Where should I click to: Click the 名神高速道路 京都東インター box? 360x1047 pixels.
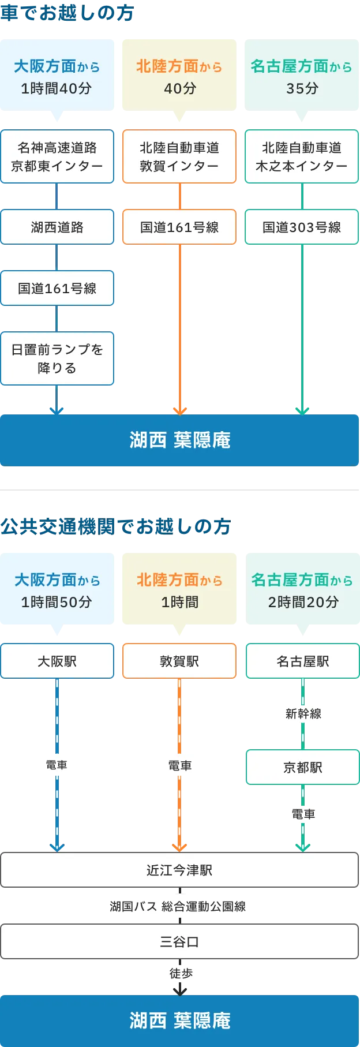pos(57,157)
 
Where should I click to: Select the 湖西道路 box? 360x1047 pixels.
pos(57,227)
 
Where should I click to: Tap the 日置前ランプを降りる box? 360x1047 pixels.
pos(57,358)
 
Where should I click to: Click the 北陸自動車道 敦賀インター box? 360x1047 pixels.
pos(179,157)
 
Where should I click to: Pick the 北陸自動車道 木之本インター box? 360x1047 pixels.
pos(302,157)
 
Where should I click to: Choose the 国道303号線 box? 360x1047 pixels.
pos(302,227)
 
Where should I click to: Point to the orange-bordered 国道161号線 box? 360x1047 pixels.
pos(179,227)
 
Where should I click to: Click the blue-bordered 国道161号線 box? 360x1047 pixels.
pos(57,288)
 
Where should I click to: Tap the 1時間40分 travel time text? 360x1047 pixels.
pos(57,88)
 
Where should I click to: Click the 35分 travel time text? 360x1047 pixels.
pos(302,88)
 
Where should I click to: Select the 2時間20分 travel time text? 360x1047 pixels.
pos(303,602)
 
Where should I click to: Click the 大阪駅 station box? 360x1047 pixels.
pos(57,661)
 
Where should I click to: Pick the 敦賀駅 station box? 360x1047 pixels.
pos(179,661)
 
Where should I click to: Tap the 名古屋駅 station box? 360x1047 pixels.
pos(303,661)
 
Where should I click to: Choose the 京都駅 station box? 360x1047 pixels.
pos(303,767)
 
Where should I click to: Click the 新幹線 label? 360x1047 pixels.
pos(303,713)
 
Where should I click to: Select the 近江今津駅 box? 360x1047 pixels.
pos(179,870)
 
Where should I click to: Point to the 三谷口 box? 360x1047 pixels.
pos(179,942)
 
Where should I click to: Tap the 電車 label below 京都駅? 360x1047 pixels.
pos(303,814)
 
